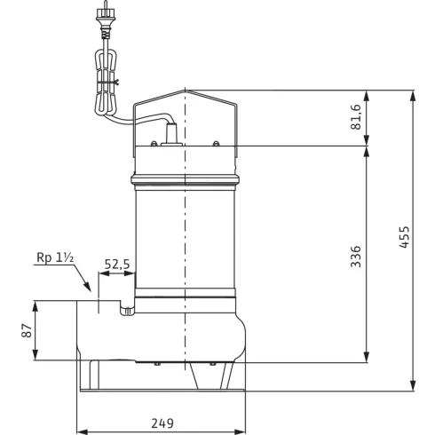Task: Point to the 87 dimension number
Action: tap(27, 330)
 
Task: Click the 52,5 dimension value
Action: tap(117, 264)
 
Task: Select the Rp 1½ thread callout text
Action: tap(56, 258)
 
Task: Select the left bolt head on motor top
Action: tap(154, 143)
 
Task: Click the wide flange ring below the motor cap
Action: tap(185, 183)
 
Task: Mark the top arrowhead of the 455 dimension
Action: tap(414, 92)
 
